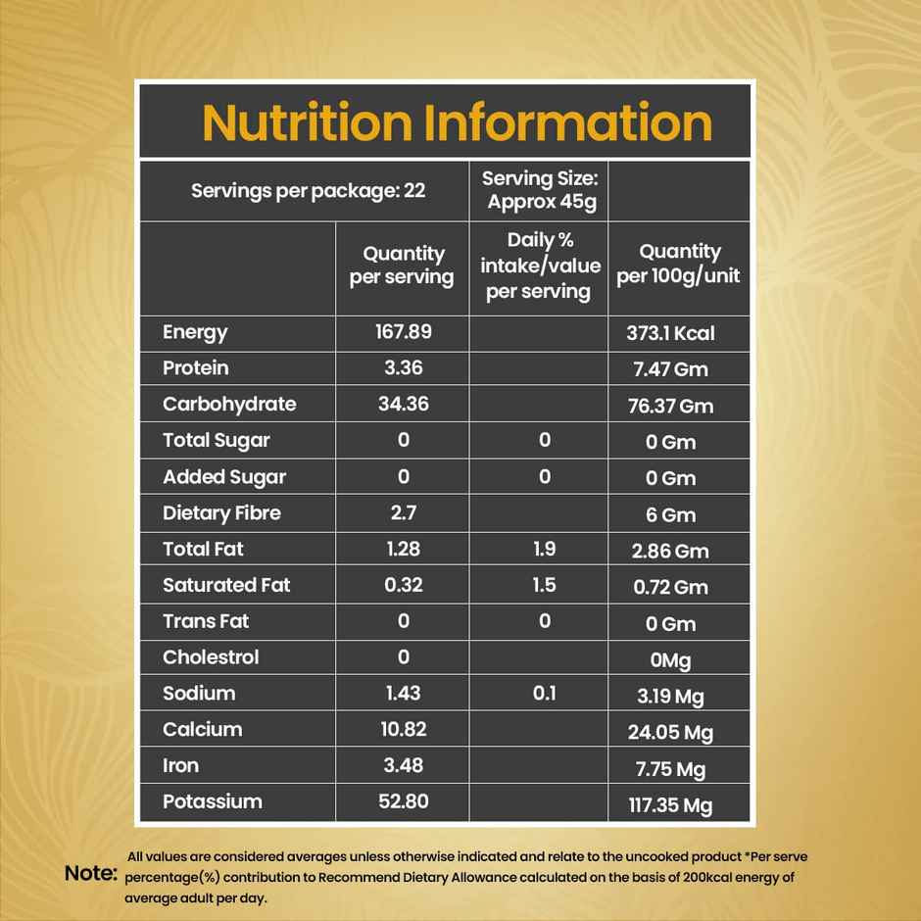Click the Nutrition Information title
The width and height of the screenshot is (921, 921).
tap(457, 122)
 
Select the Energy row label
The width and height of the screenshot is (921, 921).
tap(195, 332)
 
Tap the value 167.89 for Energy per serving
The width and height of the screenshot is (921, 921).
tap(403, 331)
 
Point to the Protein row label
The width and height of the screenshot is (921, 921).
tap(196, 368)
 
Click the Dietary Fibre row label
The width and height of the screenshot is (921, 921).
tap(221, 513)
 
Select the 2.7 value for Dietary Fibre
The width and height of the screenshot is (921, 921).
tap(403, 512)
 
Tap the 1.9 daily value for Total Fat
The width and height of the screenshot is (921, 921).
tap(545, 550)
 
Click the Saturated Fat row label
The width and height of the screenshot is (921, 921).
tap(226, 586)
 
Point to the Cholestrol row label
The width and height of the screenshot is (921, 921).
tap(211, 657)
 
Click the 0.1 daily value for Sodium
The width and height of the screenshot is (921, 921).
tap(545, 693)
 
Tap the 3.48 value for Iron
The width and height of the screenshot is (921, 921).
tap(403, 765)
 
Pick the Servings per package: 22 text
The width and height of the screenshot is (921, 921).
tap(308, 190)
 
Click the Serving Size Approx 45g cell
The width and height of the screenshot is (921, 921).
tap(540, 190)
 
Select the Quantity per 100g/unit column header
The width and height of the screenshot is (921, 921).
tap(678, 265)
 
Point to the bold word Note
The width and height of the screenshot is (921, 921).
tap(90, 872)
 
